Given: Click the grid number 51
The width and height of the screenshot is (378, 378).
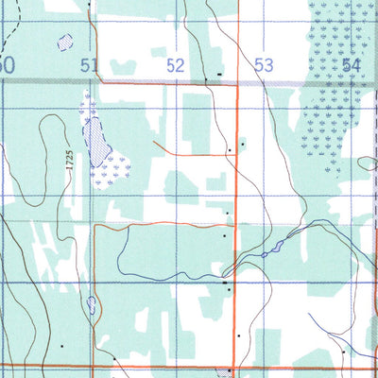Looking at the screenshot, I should (90, 65).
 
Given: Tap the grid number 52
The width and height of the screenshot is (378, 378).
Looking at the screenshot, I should (176, 65).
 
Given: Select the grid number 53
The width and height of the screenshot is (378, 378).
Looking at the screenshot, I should (263, 65).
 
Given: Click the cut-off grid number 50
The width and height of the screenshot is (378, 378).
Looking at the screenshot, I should (8, 65).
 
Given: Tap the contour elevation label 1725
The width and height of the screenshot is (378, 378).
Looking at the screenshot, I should (70, 159).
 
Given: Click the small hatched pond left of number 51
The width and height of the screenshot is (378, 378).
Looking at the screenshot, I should (64, 43).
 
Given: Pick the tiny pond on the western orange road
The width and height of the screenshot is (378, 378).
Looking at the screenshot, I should (91, 305).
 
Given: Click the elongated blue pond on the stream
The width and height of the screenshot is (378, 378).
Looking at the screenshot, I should (275, 249).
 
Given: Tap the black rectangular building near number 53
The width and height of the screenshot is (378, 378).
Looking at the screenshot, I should (219, 73).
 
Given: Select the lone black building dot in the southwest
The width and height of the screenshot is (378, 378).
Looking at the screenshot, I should (63, 346).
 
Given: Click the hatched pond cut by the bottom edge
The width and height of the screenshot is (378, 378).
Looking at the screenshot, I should (231, 373).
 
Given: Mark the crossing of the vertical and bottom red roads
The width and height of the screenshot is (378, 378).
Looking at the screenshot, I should (234, 364).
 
